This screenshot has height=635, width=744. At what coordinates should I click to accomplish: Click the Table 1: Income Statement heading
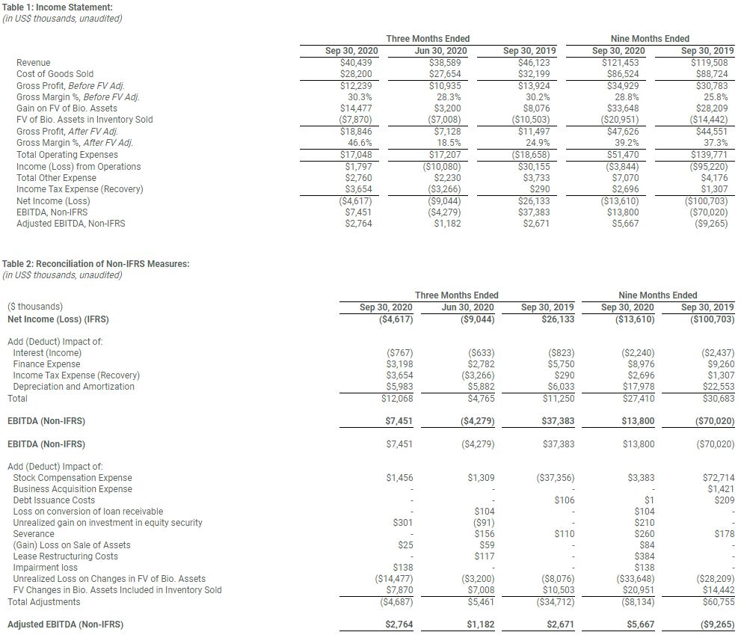58,7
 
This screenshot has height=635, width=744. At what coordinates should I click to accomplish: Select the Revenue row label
33,63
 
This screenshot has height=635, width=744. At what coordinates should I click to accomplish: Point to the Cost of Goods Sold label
55,74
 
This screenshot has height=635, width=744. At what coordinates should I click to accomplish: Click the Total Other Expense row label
56,178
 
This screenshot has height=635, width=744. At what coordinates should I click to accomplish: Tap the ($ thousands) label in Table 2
35,307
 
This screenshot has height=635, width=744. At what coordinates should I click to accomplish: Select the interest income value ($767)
400,353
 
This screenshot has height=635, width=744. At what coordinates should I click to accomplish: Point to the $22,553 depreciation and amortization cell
719,387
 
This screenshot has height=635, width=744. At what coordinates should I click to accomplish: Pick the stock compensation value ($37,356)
555,478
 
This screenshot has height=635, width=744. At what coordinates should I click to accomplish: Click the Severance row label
34,534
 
